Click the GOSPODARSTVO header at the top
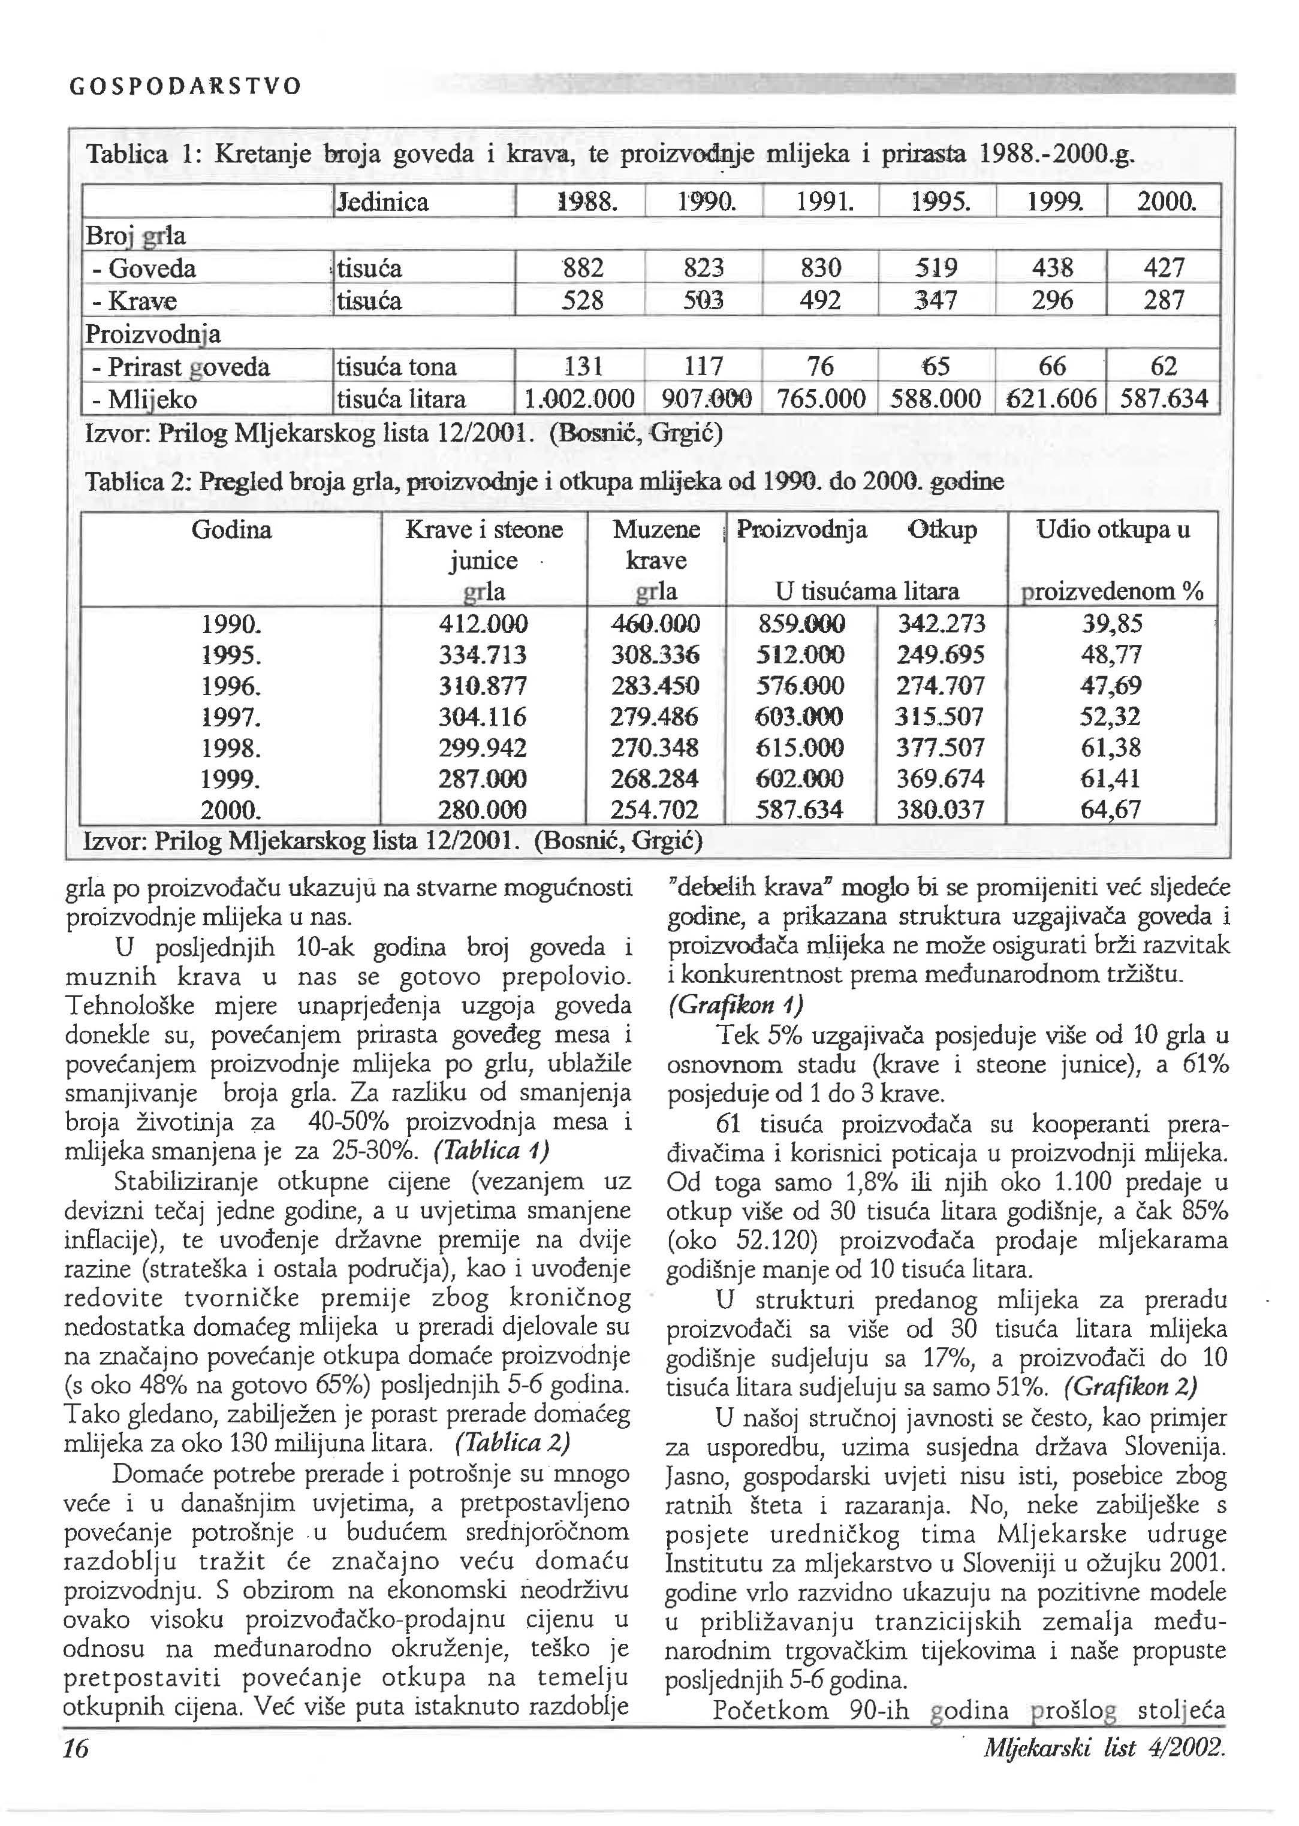[186, 86]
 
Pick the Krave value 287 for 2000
[1163, 301]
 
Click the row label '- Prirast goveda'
[181, 367]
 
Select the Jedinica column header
[383, 201]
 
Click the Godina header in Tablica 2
[231, 529]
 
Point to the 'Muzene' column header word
[656, 529]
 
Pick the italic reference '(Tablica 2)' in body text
[513, 1442]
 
